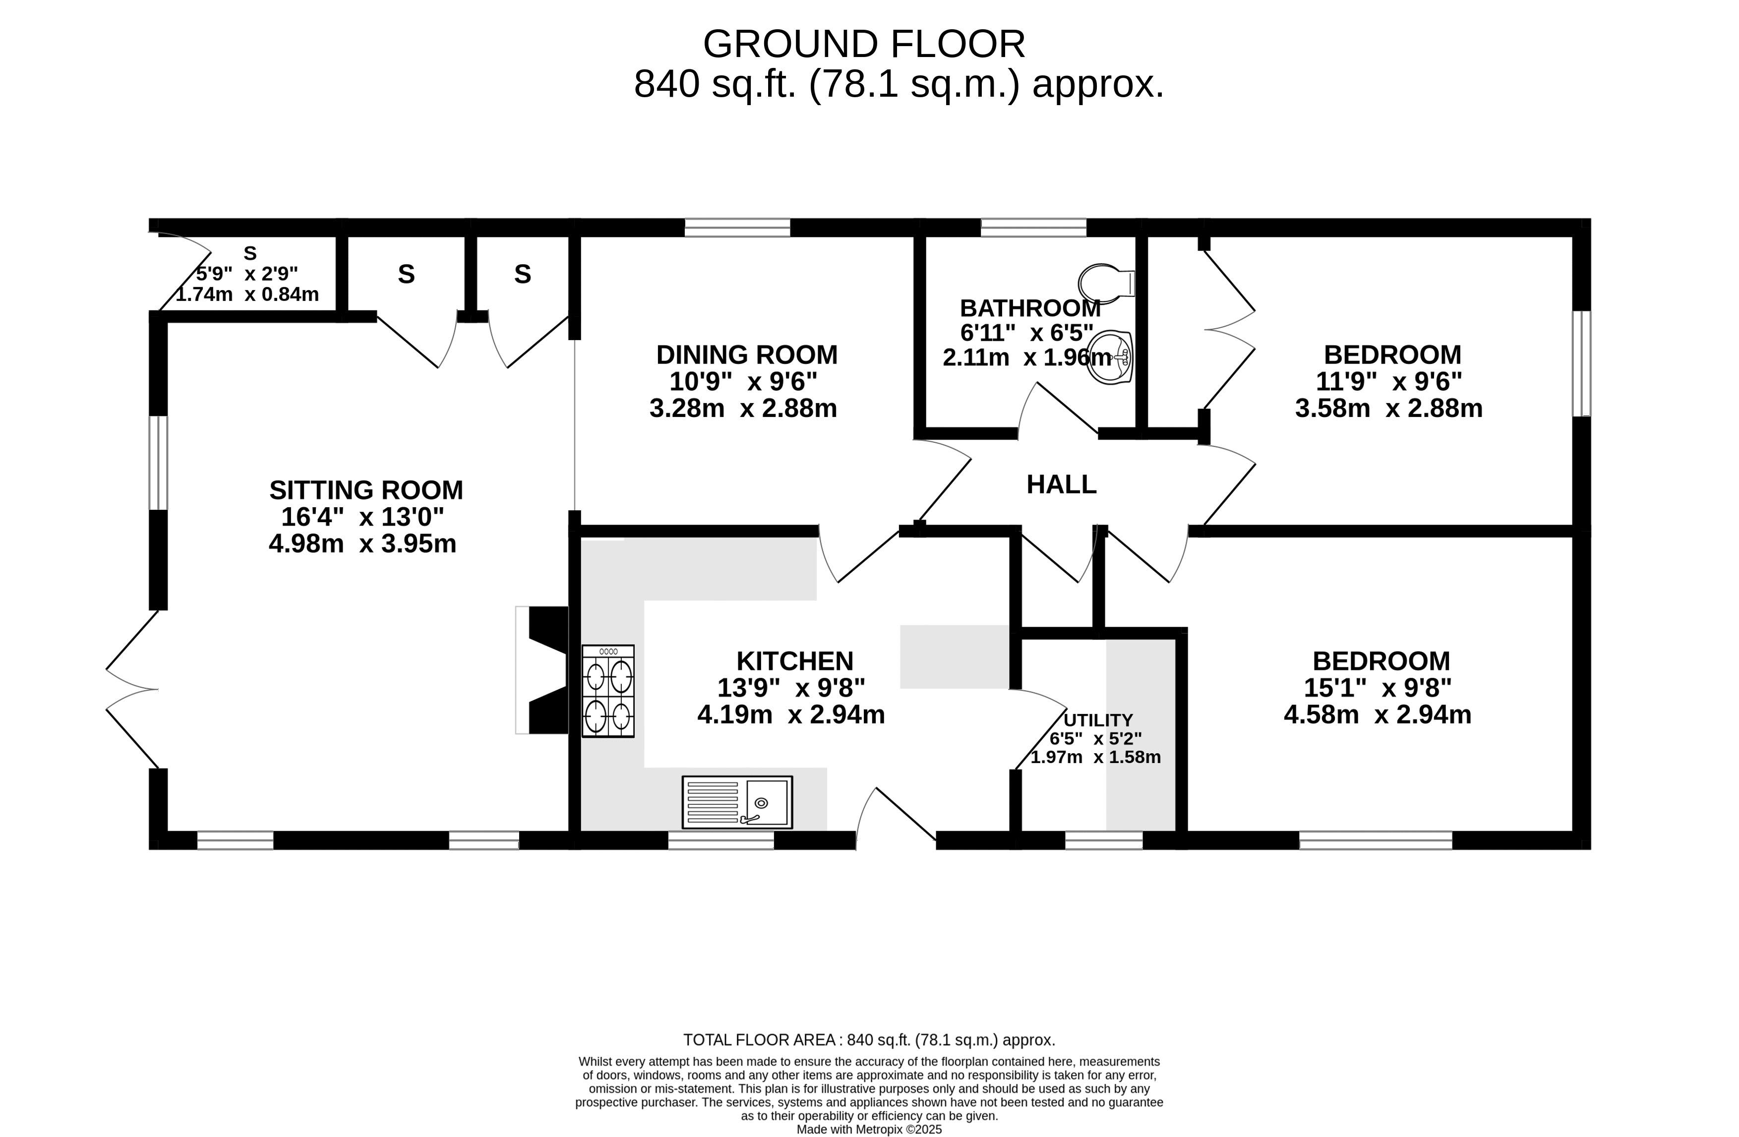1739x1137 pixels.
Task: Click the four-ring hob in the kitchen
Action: coord(608,691)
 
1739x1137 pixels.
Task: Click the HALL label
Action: coord(1061,484)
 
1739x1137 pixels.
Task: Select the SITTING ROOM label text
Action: coord(366,489)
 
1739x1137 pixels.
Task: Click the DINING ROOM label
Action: coord(747,355)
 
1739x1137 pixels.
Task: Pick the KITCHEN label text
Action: coord(794,661)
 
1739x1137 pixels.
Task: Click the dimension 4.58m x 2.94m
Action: coord(1378,715)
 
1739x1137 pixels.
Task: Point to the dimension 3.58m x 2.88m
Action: coord(1388,408)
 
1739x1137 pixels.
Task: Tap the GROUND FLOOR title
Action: coord(864,45)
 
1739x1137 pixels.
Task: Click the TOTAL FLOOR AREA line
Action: coord(869,1040)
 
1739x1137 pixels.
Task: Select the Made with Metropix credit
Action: coord(869,1130)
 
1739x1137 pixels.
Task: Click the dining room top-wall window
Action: coord(737,227)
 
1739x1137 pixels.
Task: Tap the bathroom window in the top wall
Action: coord(1033,227)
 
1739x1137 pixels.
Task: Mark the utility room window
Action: coord(1103,840)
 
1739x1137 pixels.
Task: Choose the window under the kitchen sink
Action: coord(720,840)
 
